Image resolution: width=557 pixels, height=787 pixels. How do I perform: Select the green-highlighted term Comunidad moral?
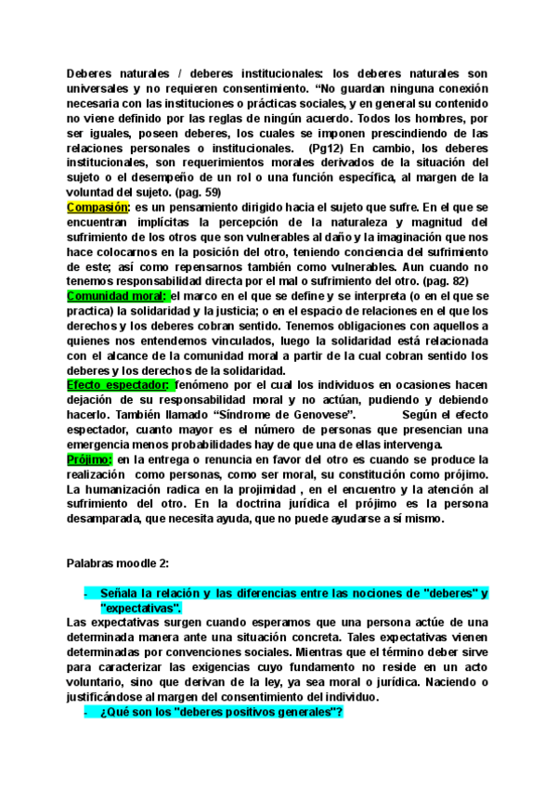116,296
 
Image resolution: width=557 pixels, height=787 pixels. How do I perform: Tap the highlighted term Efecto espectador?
119,384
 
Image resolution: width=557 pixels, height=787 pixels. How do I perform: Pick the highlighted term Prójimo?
89,459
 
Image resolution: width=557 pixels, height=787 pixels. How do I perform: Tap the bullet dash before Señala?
85,592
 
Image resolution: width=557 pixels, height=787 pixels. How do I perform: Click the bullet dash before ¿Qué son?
85,712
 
